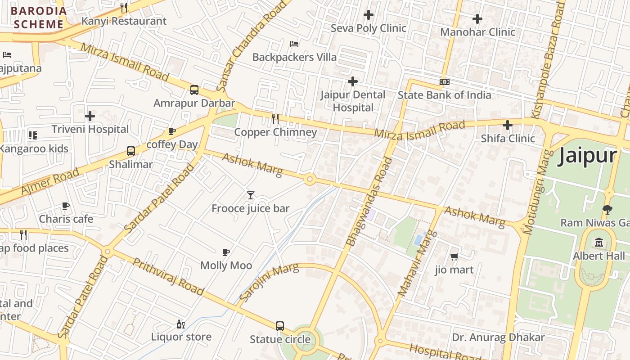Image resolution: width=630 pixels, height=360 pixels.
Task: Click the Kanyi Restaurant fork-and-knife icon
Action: coord(124,7)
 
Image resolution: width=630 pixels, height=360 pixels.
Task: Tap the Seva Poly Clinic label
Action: coord(368,28)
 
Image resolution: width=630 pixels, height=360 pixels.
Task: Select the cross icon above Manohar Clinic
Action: coord(477,19)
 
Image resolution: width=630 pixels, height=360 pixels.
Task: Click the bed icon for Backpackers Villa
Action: coord(294,44)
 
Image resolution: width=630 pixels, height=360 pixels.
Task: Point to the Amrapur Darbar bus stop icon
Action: coord(194,90)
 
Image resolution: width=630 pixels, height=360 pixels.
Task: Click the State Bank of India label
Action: coord(444,95)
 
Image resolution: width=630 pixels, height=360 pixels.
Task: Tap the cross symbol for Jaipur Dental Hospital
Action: coord(353,81)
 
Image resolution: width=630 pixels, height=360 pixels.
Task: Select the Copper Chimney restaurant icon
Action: coord(275,119)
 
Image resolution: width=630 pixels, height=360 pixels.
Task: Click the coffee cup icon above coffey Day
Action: coord(171,131)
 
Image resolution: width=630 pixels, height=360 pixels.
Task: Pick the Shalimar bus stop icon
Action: coord(131,151)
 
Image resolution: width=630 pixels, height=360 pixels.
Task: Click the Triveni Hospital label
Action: coord(90,129)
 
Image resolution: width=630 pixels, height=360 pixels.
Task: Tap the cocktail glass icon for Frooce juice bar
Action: coord(251,195)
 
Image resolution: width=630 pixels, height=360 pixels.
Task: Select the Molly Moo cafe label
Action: coord(226,265)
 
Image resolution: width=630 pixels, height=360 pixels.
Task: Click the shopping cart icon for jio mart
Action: coord(454,257)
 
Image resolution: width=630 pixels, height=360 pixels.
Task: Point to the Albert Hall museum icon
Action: coord(599,243)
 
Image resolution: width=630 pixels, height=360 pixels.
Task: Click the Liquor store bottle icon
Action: coord(180,324)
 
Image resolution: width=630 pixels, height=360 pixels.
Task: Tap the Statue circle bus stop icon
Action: coord(280,326)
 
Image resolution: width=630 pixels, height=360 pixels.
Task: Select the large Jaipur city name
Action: coord(587,156)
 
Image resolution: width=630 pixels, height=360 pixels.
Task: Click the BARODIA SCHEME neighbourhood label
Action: coord(39,18)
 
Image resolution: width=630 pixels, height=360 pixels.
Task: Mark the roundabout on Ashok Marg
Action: coord(309,179)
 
